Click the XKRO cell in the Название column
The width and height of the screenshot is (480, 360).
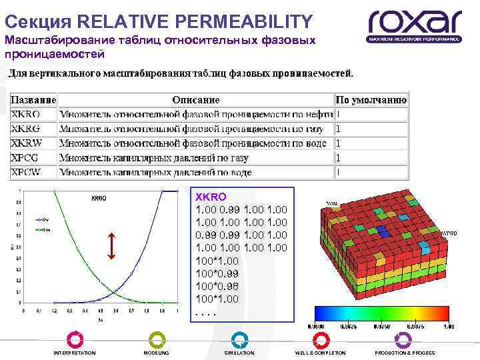pyautogui.click(x=26, y=114)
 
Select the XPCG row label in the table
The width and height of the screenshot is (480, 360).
pyautogui.click(x=25, y=157)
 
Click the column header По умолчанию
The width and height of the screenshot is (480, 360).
pyautogui.click(x=371, y=100)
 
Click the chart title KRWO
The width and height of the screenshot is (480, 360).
pyautogui.click(x=99, y=197)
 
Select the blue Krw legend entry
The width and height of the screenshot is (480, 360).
pyautogui.click(x=44, y=217)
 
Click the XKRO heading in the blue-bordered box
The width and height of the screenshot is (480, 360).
pyautogui.click(x=210, y=197)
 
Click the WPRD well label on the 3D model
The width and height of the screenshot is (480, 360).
pyautogui.click(x=449, y=233)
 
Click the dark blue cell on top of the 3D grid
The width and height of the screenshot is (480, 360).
pyautogui.click(x=382, y=230)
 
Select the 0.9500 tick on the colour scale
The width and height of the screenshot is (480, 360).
pyautogui.click(x=315, y=327)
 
